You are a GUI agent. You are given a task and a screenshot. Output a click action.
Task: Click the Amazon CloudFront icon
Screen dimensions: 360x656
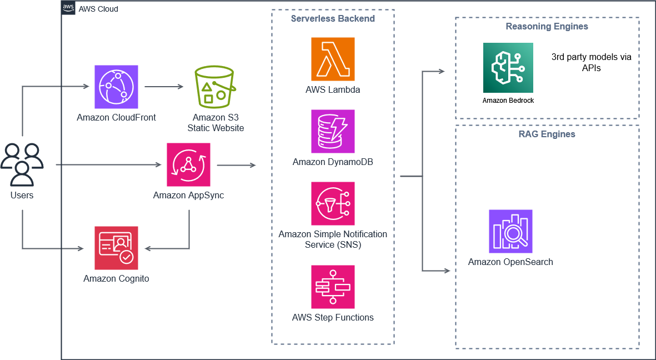[116, 87]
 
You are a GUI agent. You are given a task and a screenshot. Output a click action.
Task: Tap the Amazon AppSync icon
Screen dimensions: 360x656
[188, 164]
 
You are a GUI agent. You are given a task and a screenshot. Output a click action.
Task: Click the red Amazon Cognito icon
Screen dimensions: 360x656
[116, 248]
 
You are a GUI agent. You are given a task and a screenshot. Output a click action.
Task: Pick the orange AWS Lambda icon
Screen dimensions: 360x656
[333, 59]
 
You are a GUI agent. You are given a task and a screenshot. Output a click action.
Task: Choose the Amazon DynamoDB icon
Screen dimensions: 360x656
[333, 131]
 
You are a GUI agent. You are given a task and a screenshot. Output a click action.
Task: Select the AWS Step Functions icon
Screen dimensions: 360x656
[333, 287]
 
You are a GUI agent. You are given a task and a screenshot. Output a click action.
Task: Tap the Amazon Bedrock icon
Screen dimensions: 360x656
[508, 68]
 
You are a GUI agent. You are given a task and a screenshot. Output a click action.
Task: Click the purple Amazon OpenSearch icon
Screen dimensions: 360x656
[510, 231]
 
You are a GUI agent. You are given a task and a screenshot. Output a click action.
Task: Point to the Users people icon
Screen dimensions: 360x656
[22, 164]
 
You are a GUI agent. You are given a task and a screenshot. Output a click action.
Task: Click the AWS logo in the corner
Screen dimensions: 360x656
[68, 8]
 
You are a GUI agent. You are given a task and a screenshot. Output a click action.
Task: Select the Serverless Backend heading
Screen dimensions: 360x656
[333, 19]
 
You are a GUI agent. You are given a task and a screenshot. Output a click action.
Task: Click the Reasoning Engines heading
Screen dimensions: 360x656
[547, 27]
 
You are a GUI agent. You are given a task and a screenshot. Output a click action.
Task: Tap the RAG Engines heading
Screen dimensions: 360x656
[547, 134]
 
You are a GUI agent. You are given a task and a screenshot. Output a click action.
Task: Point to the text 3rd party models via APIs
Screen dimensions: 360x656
[591, 62]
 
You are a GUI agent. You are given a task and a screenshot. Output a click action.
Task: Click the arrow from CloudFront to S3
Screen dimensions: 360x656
[164, 87]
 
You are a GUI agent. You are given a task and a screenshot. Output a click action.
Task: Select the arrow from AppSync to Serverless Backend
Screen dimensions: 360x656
[236, 165]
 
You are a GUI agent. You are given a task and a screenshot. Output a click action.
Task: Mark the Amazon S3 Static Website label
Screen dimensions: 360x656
[218, 123]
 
